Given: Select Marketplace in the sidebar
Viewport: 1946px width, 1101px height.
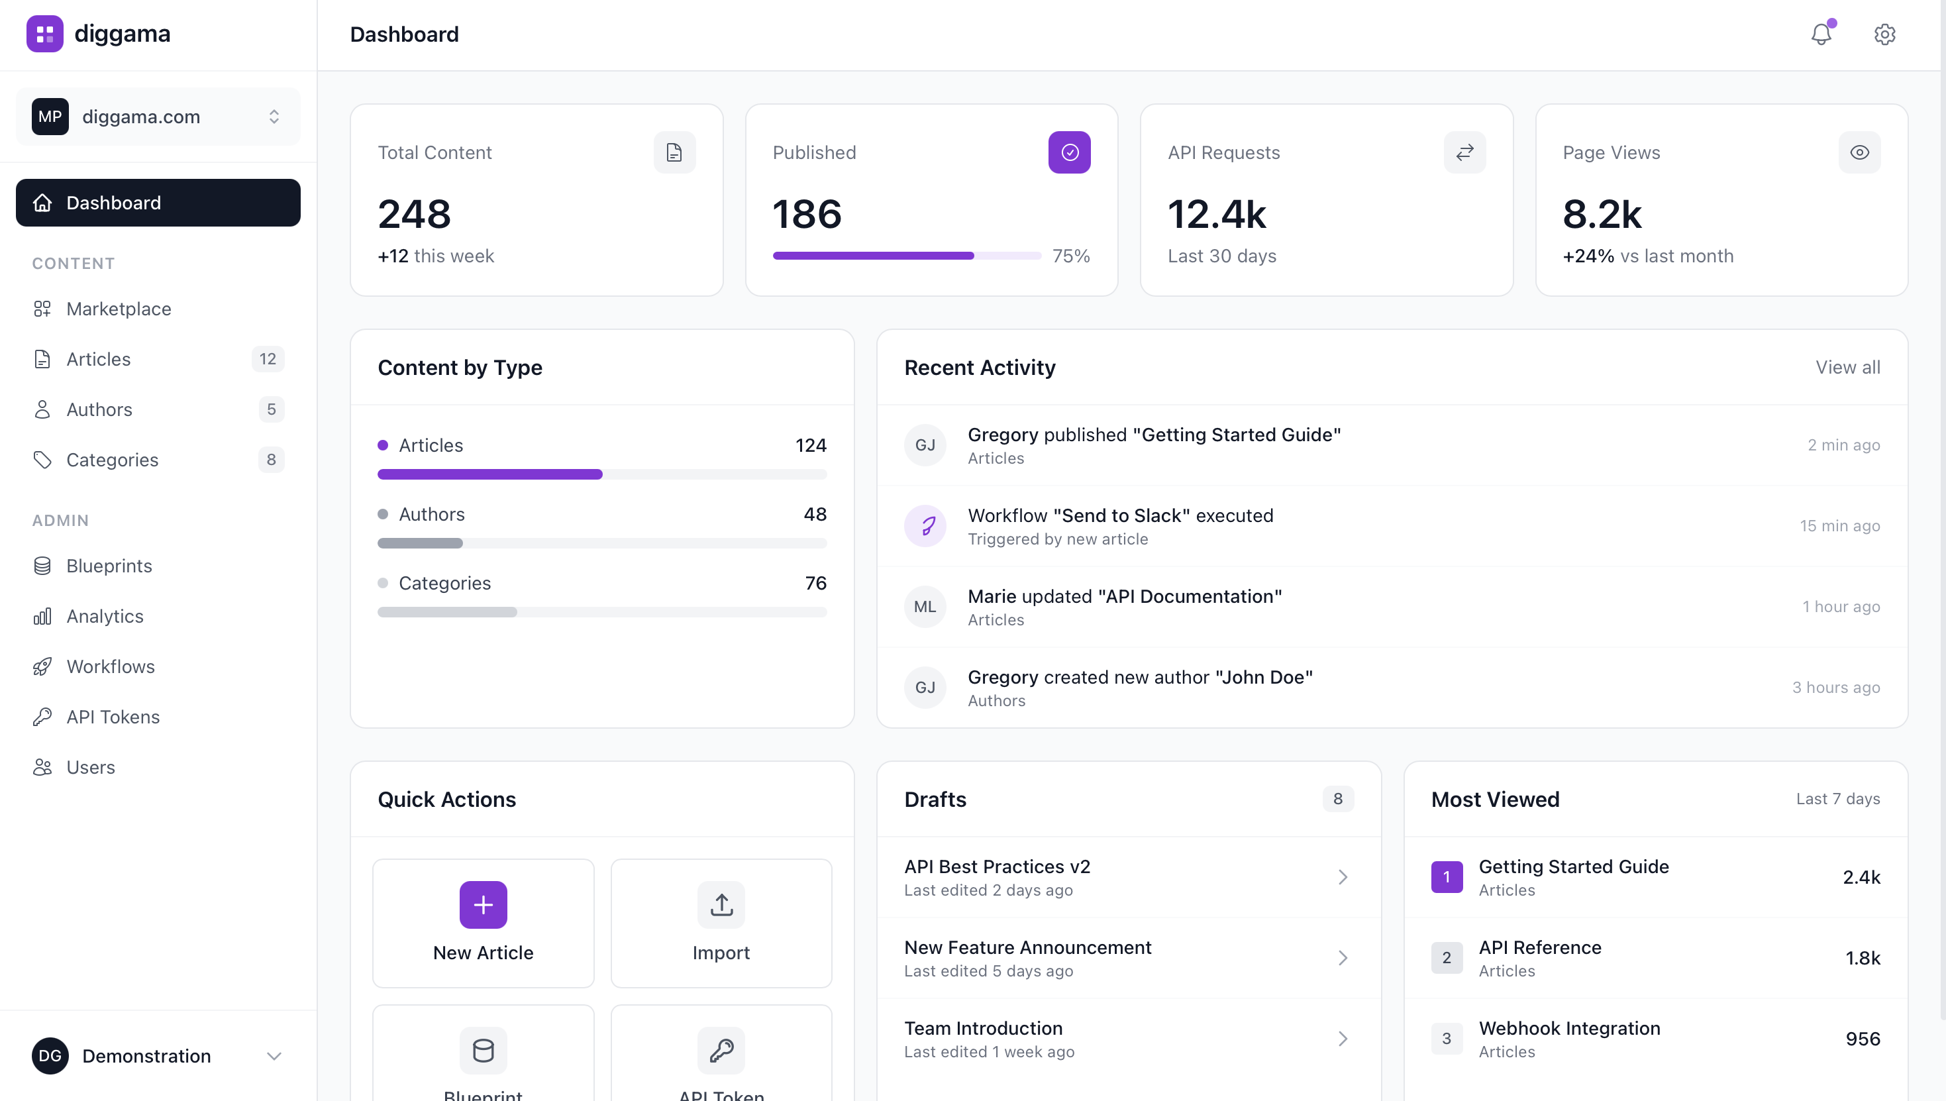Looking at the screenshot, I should [x=119, y=309].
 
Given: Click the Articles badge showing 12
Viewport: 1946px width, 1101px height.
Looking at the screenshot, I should [x=268, y=359].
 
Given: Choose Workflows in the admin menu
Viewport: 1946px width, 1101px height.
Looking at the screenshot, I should [x=111, y=666].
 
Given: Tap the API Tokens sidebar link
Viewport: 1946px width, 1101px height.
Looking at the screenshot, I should [x=113, y=717].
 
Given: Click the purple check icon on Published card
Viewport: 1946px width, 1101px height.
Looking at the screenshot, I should [x=1069, y=153].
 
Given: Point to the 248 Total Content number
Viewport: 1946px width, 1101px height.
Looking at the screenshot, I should [x=414, y=214].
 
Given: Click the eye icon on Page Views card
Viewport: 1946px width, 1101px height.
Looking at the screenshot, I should [x=1859, y=153].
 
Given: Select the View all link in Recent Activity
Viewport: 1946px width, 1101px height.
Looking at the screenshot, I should [x=1847, y=368].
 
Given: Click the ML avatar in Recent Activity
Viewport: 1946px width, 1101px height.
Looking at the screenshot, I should [x=925, y=606].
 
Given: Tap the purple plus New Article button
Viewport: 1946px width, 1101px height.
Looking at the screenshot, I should [x=483, y=904].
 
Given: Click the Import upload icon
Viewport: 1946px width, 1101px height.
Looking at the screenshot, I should [x=721, y=904].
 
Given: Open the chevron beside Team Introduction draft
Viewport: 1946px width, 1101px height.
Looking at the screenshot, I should [x=1343, y=1039].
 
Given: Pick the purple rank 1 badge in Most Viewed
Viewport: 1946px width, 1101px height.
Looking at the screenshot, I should [x=1447, y=877].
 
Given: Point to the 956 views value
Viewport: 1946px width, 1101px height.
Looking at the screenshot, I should [x=1862, y=1039].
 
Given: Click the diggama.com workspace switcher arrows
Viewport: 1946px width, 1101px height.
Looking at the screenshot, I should [x=274, y=117].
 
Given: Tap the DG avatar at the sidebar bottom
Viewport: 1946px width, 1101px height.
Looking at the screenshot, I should [x=50, y=1056].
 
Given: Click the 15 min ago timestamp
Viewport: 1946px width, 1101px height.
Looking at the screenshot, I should [x=1839, y=526].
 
